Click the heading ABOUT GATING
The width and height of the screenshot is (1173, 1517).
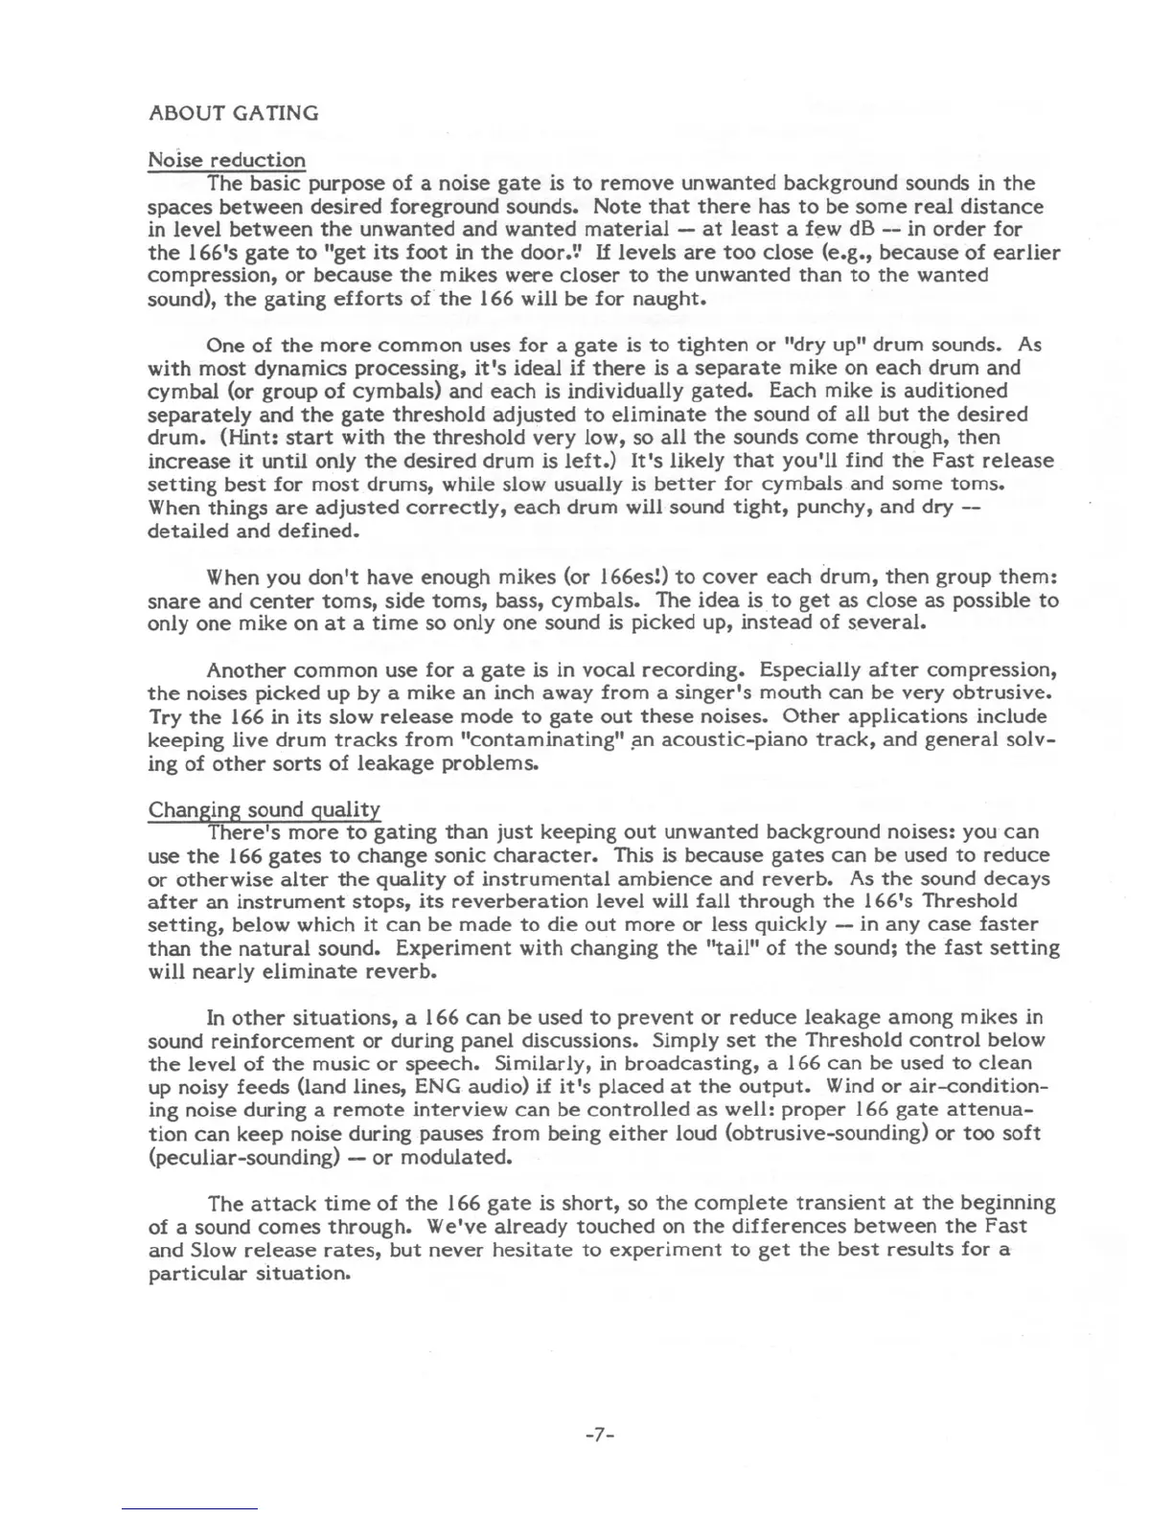pos(233,113)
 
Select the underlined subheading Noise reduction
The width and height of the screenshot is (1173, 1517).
pos(226,160)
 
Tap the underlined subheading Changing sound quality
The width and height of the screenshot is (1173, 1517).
pos(264,810)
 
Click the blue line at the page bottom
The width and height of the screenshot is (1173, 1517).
pos(190,1508)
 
